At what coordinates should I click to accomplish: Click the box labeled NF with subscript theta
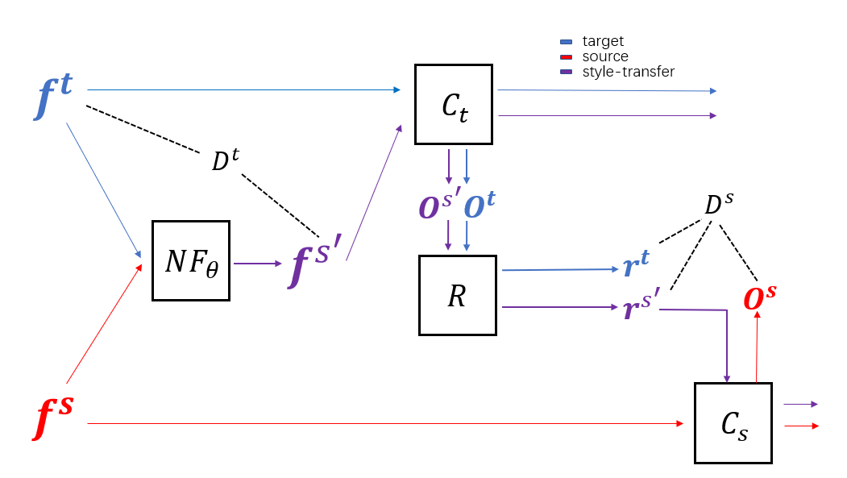tap(191, 260)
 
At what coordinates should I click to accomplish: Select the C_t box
tap(454, 104)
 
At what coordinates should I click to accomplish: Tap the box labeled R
tap(457, 295)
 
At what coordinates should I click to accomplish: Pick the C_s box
tap(733, 423)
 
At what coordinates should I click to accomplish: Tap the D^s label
tap(719, 205)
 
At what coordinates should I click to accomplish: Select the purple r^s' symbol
tap(641, 308)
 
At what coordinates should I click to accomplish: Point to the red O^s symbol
tap(760, 297)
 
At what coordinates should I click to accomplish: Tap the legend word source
tap(604, 56)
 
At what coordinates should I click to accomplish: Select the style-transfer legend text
tap(628, 72)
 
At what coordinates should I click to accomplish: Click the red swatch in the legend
tap(566, 56)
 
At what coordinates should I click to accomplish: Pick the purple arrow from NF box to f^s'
tap(257, 263)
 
